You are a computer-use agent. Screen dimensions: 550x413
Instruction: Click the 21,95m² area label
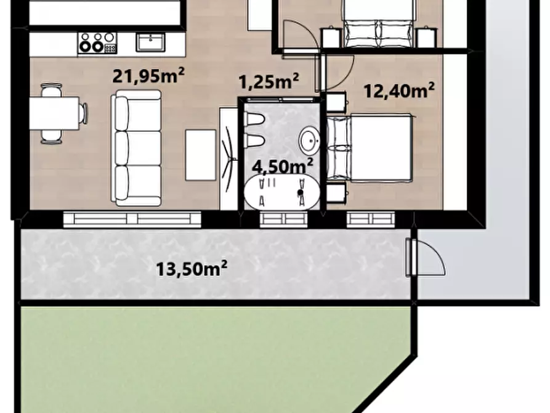(148, 75)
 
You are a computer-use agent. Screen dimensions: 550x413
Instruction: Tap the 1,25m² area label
(269, 81)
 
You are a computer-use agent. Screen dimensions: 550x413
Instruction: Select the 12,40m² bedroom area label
(399, 91)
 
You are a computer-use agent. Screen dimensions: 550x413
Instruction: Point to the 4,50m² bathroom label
(283, 165)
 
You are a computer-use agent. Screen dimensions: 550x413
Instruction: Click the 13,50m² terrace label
(191, 269)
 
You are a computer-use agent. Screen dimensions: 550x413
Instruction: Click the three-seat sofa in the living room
(137, 148)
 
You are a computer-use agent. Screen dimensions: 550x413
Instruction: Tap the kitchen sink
(150, 42)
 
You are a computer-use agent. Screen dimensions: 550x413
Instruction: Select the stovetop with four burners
(97, 43)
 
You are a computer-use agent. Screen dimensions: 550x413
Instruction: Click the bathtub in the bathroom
(282, 192)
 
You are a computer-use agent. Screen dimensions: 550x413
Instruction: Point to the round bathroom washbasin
(310, 141)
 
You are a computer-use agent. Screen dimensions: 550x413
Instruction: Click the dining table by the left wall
(54, 113)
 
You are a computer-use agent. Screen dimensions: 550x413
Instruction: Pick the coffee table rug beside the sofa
(201, 155)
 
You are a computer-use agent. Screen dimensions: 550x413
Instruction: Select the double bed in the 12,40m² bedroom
(370, 147)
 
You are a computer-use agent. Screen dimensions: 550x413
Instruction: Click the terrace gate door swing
(426, 257)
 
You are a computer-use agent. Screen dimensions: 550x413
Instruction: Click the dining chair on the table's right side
(84, 113)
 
